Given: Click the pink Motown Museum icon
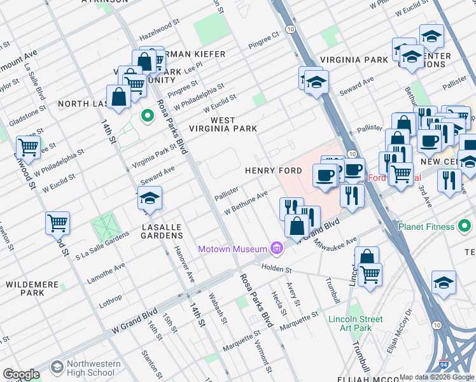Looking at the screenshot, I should [276, 248].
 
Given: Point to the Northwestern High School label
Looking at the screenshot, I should [93, 368].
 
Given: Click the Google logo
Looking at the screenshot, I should [21, 374].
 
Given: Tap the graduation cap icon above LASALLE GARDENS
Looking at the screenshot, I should [150, 198].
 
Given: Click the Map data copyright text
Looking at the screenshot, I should [437, 377].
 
